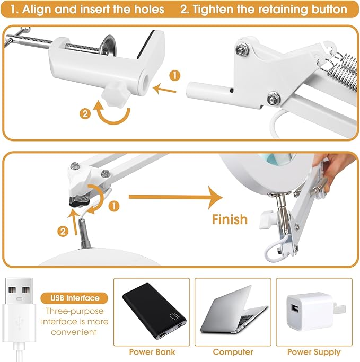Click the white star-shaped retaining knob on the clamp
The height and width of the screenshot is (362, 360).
coord(115,95)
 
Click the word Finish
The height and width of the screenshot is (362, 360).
coord(230,219)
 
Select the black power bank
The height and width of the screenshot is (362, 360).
coord(154,311)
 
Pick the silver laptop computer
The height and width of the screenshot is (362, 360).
coord(234,310)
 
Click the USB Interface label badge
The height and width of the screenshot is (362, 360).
coord(74,298)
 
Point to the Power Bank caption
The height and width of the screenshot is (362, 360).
coord(152,352)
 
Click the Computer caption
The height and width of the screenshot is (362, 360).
coord(233,352)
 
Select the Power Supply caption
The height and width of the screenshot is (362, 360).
coord(314,352)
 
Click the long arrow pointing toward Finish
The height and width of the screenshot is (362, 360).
coord(175,197)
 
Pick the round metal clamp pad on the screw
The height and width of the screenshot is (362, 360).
coord(109,46)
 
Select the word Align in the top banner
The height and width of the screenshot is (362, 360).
coord(37,9)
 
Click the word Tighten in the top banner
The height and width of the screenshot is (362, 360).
coord(213,10)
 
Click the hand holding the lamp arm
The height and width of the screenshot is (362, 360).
coord(333,169)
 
